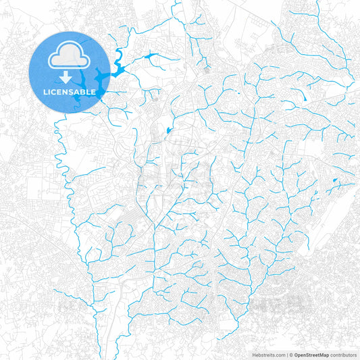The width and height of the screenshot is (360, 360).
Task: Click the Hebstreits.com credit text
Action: (x=267, y=355)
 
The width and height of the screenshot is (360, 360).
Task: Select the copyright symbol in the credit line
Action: (x=291, y=355)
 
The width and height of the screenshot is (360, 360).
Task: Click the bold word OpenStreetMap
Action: (x=312, y=355)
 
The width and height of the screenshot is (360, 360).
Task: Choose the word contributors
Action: (x=343, y=355)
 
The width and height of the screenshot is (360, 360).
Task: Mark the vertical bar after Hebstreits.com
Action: (x=287, y=355)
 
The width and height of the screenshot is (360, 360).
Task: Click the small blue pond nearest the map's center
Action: (x=168, y=129)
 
